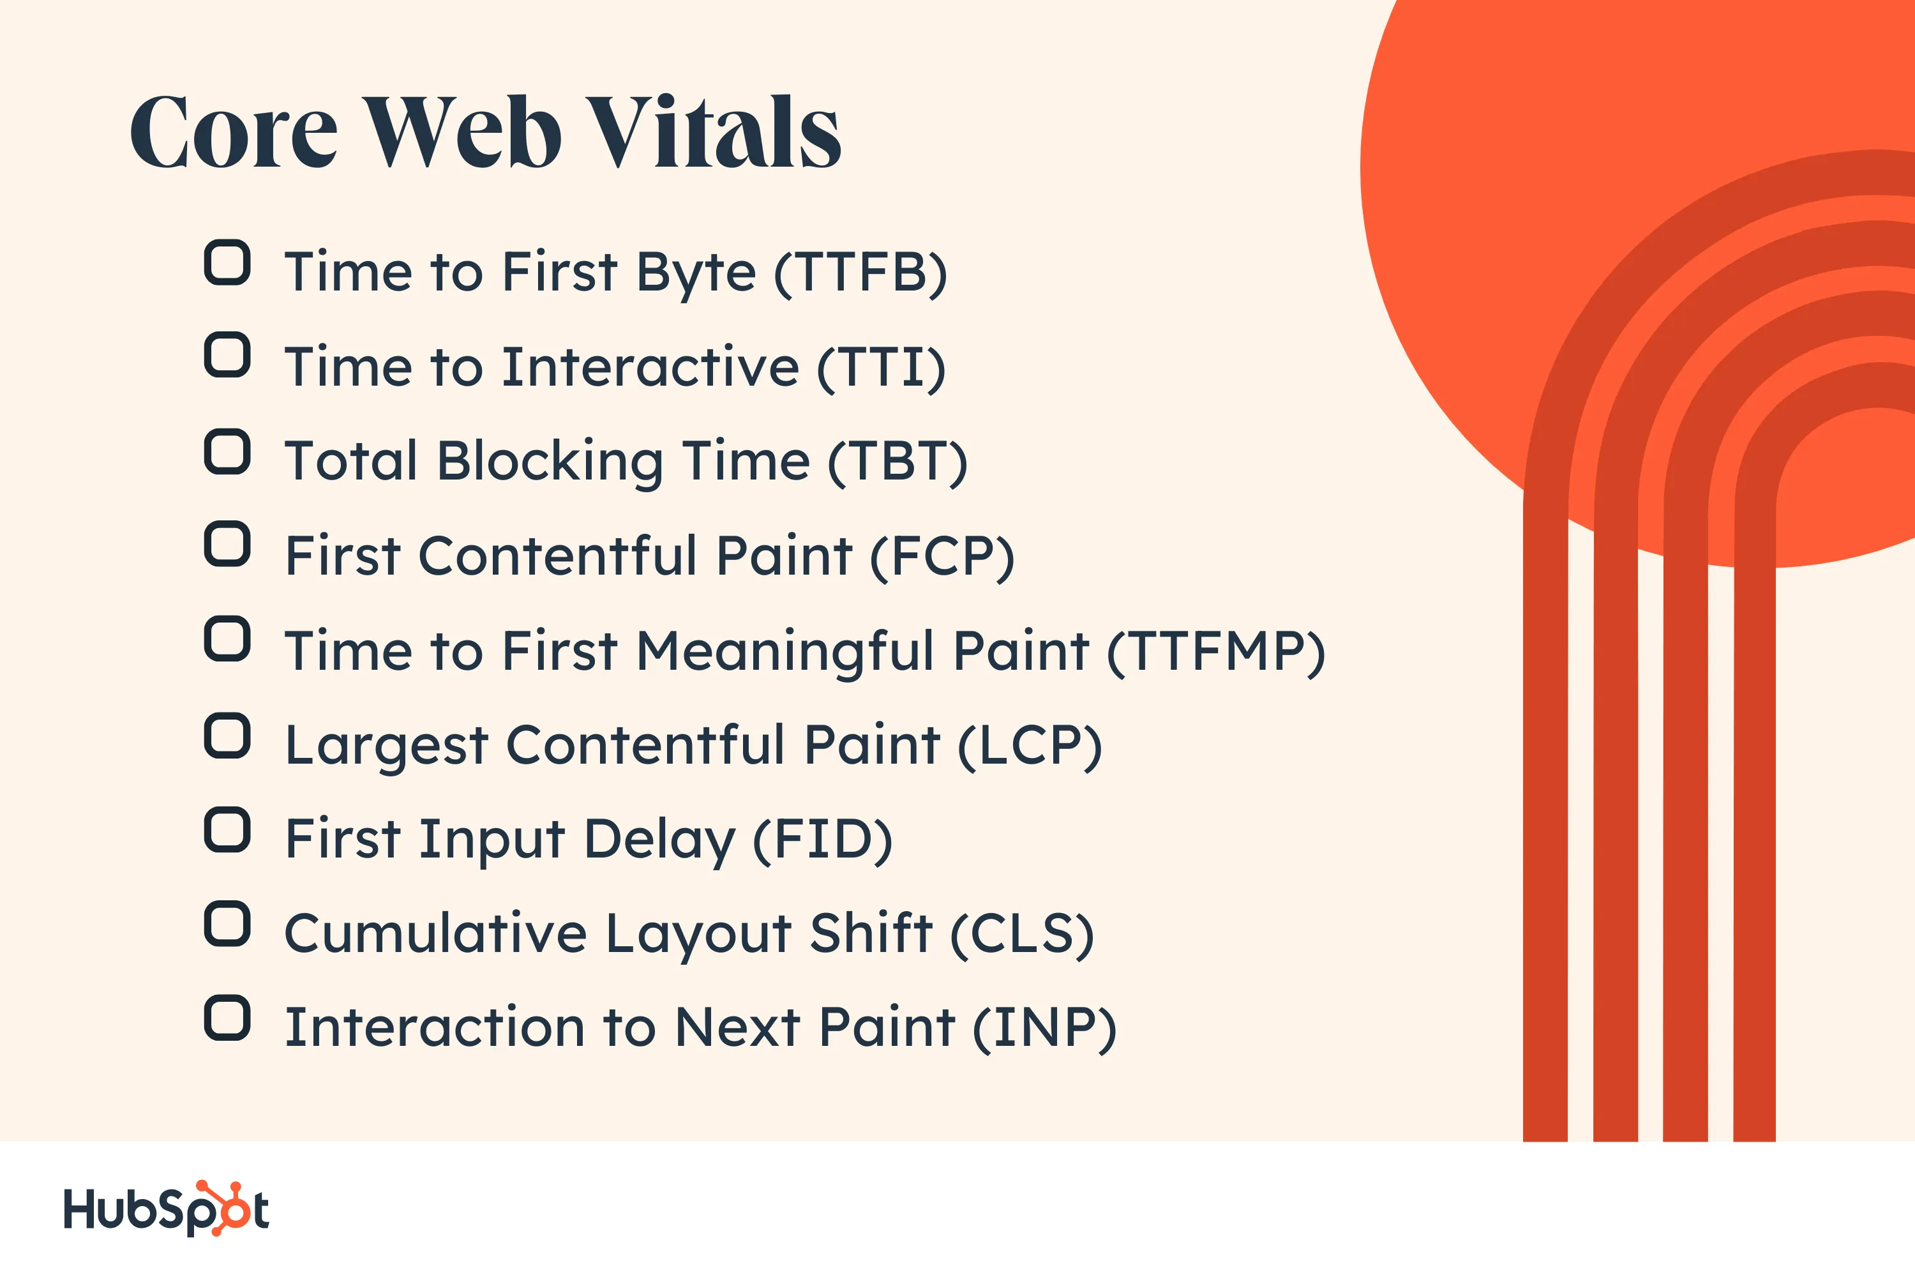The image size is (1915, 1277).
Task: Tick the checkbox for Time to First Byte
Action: [227, 262]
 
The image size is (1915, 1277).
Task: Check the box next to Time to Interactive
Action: [227, 355]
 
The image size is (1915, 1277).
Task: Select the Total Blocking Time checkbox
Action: [227, 451]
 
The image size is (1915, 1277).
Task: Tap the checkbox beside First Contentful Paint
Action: [227, 544]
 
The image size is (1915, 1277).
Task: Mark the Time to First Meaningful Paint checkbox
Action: [227, 638]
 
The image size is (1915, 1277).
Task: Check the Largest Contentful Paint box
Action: [227, 736]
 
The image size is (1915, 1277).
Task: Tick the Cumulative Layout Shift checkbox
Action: [227, 923]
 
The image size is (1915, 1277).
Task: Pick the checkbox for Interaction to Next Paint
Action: [227, 1018]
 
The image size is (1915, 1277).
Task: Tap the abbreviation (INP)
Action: [1044, 1028]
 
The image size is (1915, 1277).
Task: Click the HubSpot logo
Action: [167, 1209]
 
